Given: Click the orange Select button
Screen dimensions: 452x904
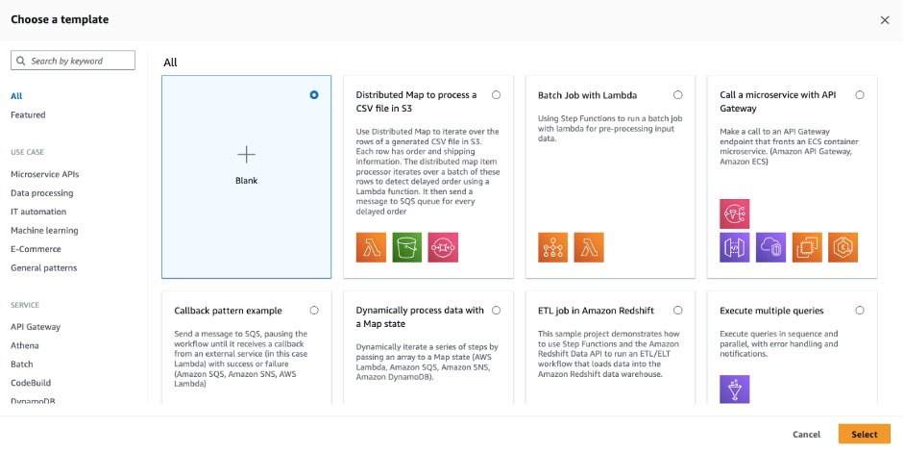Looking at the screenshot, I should click(x=864, y=434).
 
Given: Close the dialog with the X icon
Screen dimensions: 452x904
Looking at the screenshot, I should click(x=885, y=20).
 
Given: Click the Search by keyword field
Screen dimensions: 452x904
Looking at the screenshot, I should click(x=71, y=61).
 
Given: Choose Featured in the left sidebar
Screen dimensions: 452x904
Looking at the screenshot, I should click(x=28, y=114).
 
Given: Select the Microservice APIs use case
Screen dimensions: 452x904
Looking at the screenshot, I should click(x=44, y=174).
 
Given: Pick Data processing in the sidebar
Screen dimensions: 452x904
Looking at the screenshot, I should click(x=41, y=193).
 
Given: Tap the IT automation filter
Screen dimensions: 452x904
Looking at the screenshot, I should click(x=38, y=212).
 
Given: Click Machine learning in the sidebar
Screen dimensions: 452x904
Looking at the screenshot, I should click(x=44, y=231).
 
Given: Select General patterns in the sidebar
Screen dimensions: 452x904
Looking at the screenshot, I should click(x=43, y=268).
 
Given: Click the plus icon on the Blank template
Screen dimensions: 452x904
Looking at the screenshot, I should click(x=247, y=154).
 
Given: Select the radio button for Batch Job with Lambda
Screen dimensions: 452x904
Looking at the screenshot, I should click(x=678, y=95).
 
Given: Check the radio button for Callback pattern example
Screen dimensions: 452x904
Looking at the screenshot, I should click(x=314, y=311).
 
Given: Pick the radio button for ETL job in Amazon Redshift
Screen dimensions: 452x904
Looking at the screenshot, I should click(x=678, y=311).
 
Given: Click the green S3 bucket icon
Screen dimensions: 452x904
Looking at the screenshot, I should click(x=407, y=247).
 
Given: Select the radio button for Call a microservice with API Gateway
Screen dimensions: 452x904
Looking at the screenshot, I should click(x=860, y=95).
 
